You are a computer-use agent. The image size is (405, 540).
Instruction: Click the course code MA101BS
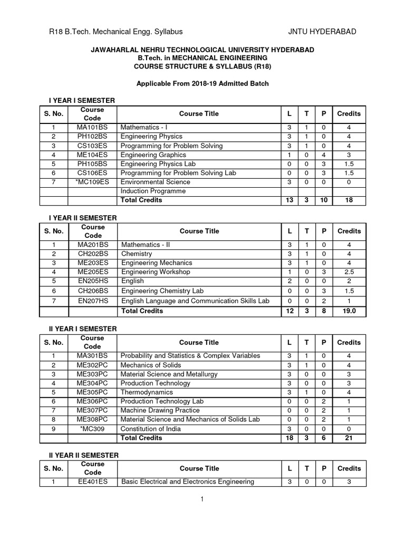tap(92, 128)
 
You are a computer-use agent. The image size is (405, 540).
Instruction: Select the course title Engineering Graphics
tap(153, 155)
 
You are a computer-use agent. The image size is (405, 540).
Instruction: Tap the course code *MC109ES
tap(92, 182)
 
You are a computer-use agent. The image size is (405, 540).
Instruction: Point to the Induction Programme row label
tap(153, 191)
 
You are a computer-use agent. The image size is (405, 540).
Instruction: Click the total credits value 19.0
tap(349, 311)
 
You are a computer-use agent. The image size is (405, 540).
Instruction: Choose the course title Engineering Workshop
tap(156, 272)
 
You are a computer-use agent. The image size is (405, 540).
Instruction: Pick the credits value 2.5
tap(349, 272)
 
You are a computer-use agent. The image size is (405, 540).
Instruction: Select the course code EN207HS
tap(92, 301)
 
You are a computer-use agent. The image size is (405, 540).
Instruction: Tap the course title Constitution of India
tap(151, 429)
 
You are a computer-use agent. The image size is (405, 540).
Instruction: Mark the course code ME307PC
tap(92, 410)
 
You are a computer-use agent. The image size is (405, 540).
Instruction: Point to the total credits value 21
tap(349, 438)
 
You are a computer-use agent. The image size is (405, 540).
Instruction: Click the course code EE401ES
tap(92, 481)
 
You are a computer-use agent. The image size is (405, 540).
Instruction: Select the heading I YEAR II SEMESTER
tap(82, 218)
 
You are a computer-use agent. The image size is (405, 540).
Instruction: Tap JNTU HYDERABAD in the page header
tap(322, 32)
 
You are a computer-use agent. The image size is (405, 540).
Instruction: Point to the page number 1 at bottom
tap(202, 500)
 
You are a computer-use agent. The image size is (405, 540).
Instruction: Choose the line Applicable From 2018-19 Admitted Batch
tap(203, 84)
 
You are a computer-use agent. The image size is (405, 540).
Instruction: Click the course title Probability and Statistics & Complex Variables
tap(190, 356)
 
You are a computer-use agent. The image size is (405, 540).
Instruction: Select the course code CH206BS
tap(92, 291)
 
